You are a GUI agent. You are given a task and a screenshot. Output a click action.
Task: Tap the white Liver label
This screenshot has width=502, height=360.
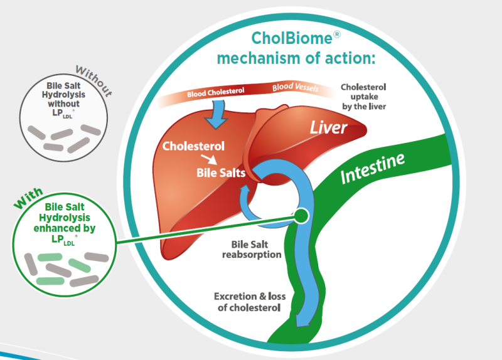point(329,127)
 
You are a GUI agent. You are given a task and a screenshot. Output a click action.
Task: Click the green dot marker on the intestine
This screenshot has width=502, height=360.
point(301,216)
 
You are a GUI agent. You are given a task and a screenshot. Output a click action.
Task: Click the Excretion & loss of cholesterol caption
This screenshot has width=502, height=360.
point(247,302)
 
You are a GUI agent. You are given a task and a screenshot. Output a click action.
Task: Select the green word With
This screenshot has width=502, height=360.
point(29,199)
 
